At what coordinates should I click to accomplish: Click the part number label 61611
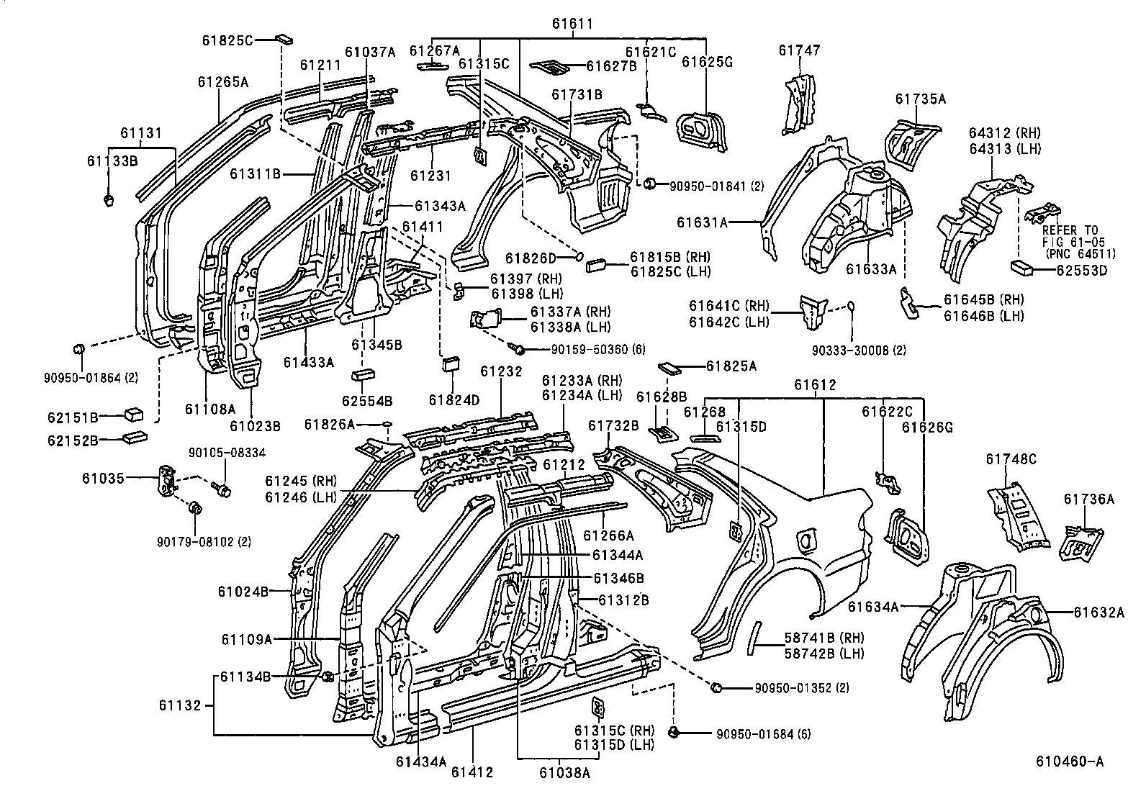572,24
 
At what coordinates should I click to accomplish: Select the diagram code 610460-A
1069,761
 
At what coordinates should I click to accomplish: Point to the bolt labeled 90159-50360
517,348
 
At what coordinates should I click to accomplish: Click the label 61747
799,50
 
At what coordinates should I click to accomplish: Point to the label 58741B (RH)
824,638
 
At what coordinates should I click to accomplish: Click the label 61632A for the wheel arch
1098,613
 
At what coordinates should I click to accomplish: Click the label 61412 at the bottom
472,773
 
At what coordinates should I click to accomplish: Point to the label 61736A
1088,499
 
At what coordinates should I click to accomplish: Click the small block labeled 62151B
134,415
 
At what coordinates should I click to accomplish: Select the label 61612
815,385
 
